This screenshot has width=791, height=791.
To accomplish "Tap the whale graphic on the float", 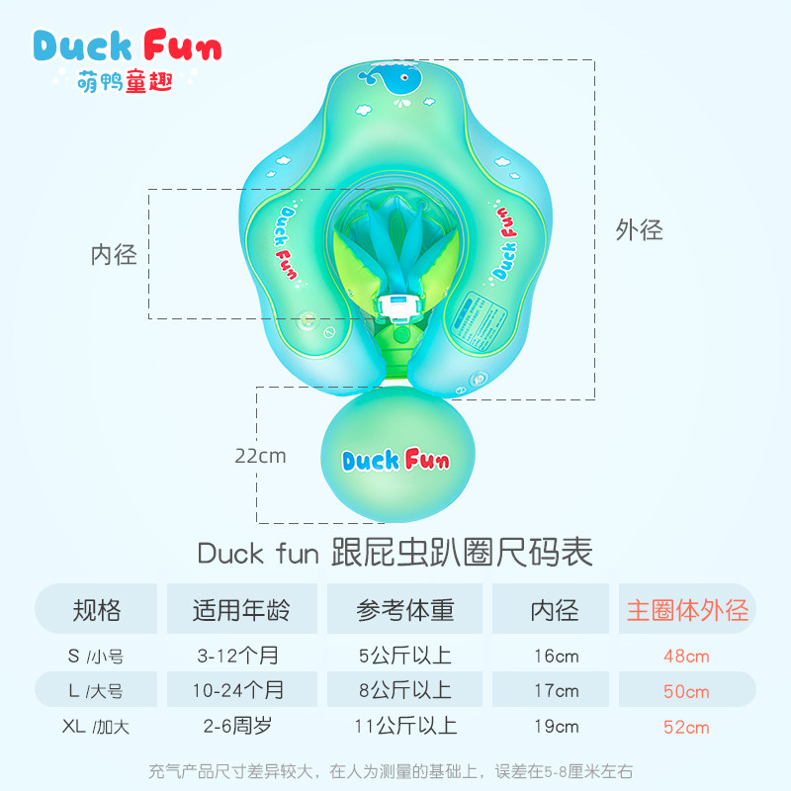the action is (x=400, y=85).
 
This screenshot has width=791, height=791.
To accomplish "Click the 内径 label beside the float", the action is (x=114, y=254).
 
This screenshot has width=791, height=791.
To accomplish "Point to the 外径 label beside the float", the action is (x=639, y=230).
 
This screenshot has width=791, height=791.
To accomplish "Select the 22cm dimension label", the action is (x=260, y=456).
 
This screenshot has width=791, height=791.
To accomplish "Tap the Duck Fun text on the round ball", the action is (x=395, y=461).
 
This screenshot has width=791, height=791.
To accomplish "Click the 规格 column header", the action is (x=97, y=610).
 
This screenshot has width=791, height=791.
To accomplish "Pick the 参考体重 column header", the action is (x=405, y=610).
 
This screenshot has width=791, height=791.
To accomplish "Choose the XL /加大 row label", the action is (x=96, y=727).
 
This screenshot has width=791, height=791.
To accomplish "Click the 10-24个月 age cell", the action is (x=240, y=691).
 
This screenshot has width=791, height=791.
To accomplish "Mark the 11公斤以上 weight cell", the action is (x=405, y=727).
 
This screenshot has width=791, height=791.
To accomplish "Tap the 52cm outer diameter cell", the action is (x=686, y=727).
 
